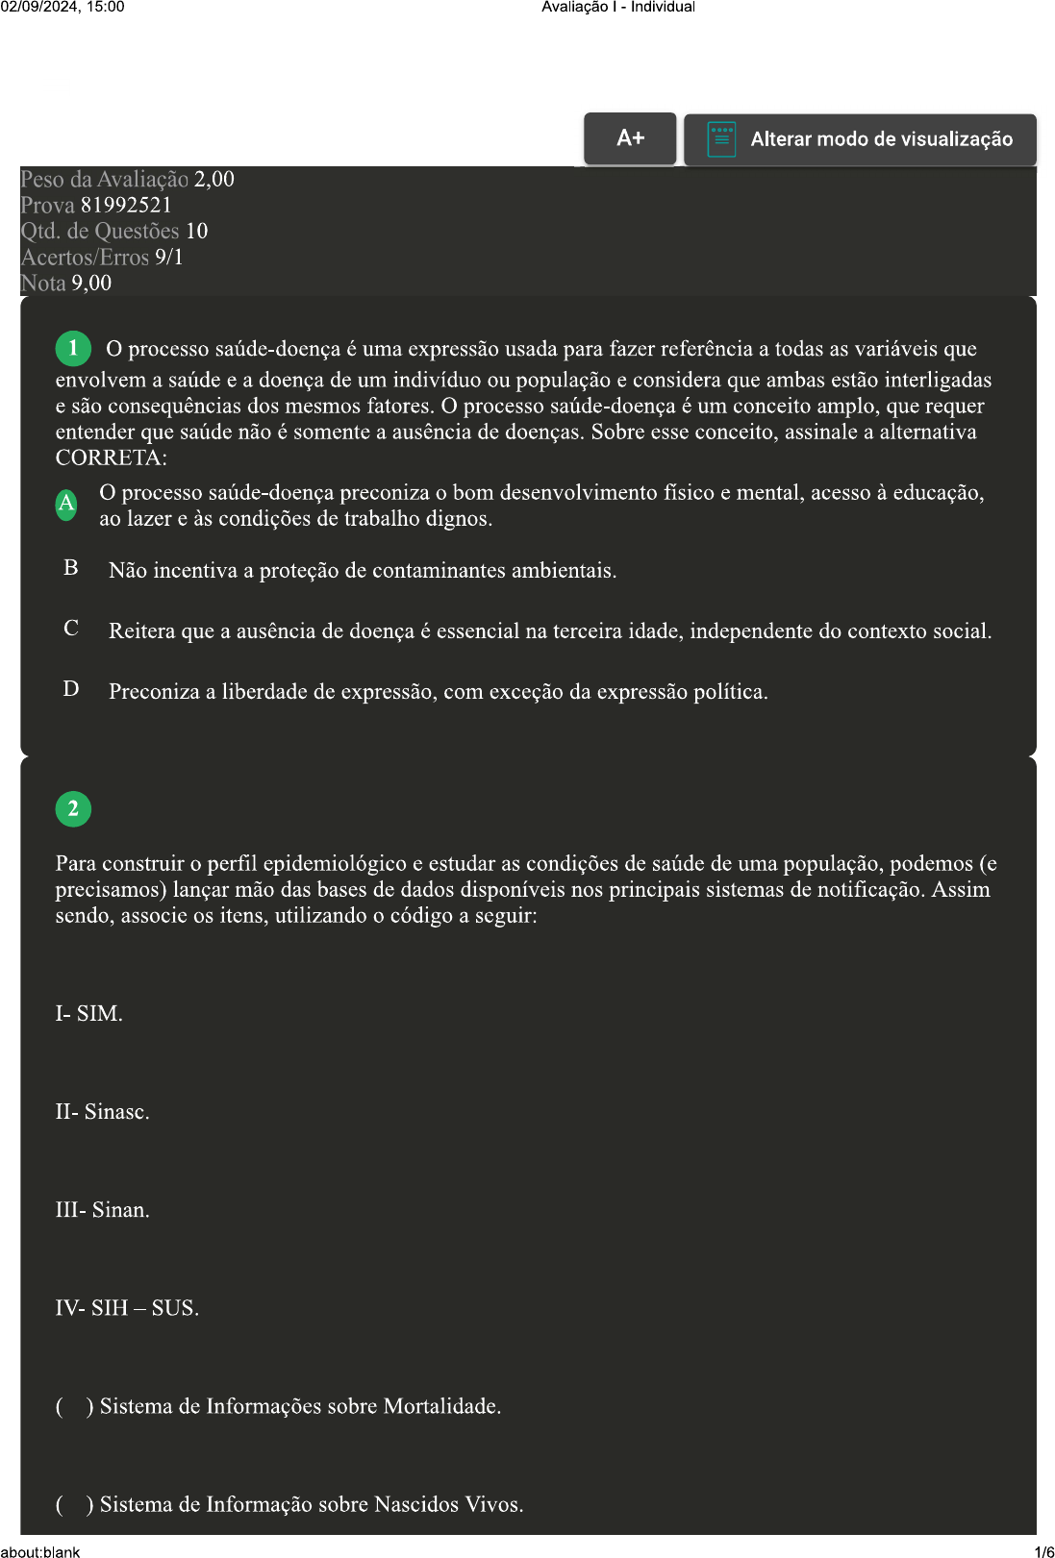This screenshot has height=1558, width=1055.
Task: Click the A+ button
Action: coord(630,138)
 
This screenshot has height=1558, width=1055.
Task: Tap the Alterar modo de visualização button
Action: coord(860,139)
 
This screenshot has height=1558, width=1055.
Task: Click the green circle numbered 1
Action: coord(73,348)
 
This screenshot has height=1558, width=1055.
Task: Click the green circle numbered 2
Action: coord(73,809)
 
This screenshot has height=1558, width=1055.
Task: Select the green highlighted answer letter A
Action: coord(66,504)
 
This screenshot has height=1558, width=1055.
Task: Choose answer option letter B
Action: coord(71,568)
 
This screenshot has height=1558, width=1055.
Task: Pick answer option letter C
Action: coord(71,629)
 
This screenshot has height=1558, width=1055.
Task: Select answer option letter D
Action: coord(71,689)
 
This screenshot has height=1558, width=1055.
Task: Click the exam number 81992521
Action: coord(126,206)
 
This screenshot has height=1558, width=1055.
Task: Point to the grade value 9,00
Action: coord(91,284)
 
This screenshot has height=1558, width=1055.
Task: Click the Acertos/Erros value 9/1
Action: coord(168,258)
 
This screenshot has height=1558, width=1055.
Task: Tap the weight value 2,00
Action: coord(214,180)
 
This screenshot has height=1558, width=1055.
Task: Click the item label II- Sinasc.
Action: coord(102,1112)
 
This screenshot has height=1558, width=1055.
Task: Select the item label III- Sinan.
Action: coord(102,1210)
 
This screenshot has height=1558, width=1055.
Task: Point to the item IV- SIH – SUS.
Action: coord(127,1308)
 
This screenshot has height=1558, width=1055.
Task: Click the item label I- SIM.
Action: coord(88,1014)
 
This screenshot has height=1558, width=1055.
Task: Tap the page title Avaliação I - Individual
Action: coord(617,7)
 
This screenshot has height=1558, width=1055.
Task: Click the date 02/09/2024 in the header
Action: coord(36,7)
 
